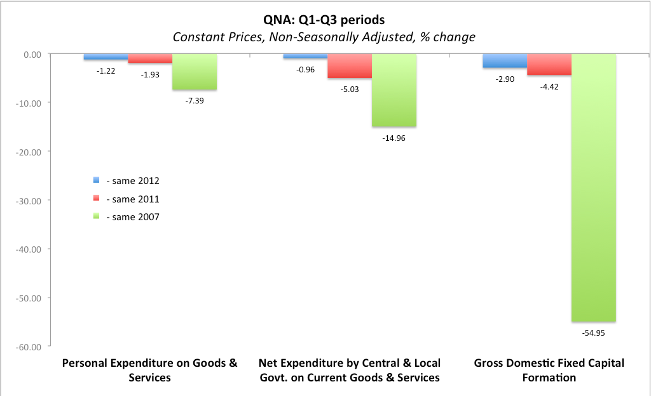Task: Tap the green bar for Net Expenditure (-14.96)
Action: tap(394, 90)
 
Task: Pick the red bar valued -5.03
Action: tap(349, 66)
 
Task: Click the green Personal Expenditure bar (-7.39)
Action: tap(195, 72)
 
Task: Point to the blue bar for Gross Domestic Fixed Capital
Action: tap(504, 61)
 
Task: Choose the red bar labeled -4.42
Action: tap(549, 64)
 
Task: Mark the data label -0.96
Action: tap(306, 69)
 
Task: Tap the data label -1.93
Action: tap(151, 74)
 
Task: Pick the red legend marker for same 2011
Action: tap(97, 199)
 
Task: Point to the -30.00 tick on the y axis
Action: tap(28, 201)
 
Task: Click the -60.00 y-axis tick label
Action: tap(28, 346)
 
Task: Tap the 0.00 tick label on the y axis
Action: tap(31, 55)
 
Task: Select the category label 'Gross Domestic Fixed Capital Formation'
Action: tap(549, 370)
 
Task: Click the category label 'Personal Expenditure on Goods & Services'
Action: tap(149, 370)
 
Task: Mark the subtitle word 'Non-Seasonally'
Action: tap(310, 37)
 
